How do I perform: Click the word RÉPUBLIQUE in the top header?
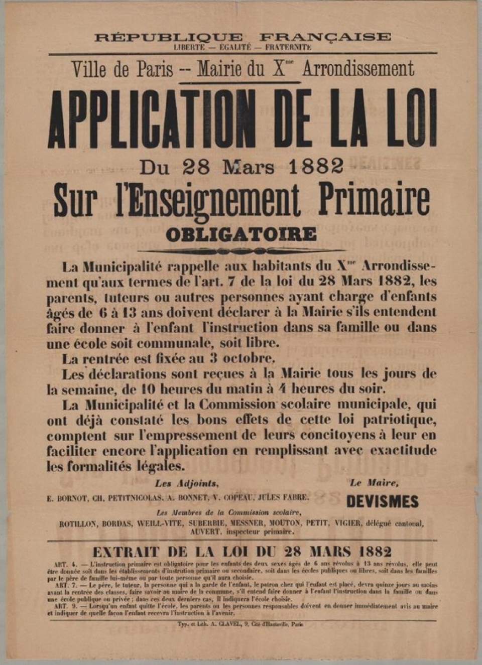[x=168, y=37]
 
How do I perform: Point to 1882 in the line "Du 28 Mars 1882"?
[x=316, y=166]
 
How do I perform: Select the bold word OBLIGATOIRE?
[x=241, y=234]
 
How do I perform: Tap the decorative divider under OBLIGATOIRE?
[x=241, y=250]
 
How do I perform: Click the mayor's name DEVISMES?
[x=382, y=501]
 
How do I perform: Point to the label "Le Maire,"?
[x=374, y=483]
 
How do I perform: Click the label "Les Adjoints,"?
[x=186, y=484]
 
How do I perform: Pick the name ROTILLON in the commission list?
[x=78, y=523]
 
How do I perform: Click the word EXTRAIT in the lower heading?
[x=126, y=552]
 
